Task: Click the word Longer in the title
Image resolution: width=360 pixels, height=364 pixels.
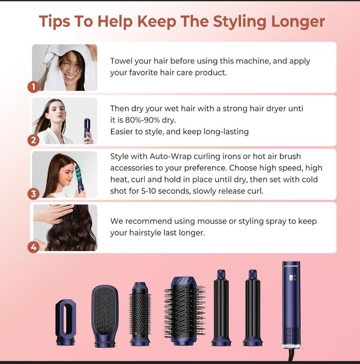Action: [x=298, y=22]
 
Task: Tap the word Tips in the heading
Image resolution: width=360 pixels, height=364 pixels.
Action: [x=54, y=22]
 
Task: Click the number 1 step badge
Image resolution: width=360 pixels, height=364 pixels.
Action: [x=33, y=87]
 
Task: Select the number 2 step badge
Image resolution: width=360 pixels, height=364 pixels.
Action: [x=33, y=140]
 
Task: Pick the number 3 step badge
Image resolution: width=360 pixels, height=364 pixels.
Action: [x=33, y=194]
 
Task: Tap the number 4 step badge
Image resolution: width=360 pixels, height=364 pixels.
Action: [x=33, y=247]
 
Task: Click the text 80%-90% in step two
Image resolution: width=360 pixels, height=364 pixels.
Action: [x=143, y=120]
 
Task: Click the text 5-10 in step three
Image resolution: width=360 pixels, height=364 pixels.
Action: [x=149, y=191]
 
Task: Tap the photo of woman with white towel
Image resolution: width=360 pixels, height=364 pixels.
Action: [x=65, y=68]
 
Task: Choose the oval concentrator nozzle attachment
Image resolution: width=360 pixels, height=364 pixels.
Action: [x=66, y=323]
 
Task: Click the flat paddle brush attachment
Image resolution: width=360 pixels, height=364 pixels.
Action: [x=105, y=316]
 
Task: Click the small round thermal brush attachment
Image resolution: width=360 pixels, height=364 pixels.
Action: [x=139, y=314]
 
